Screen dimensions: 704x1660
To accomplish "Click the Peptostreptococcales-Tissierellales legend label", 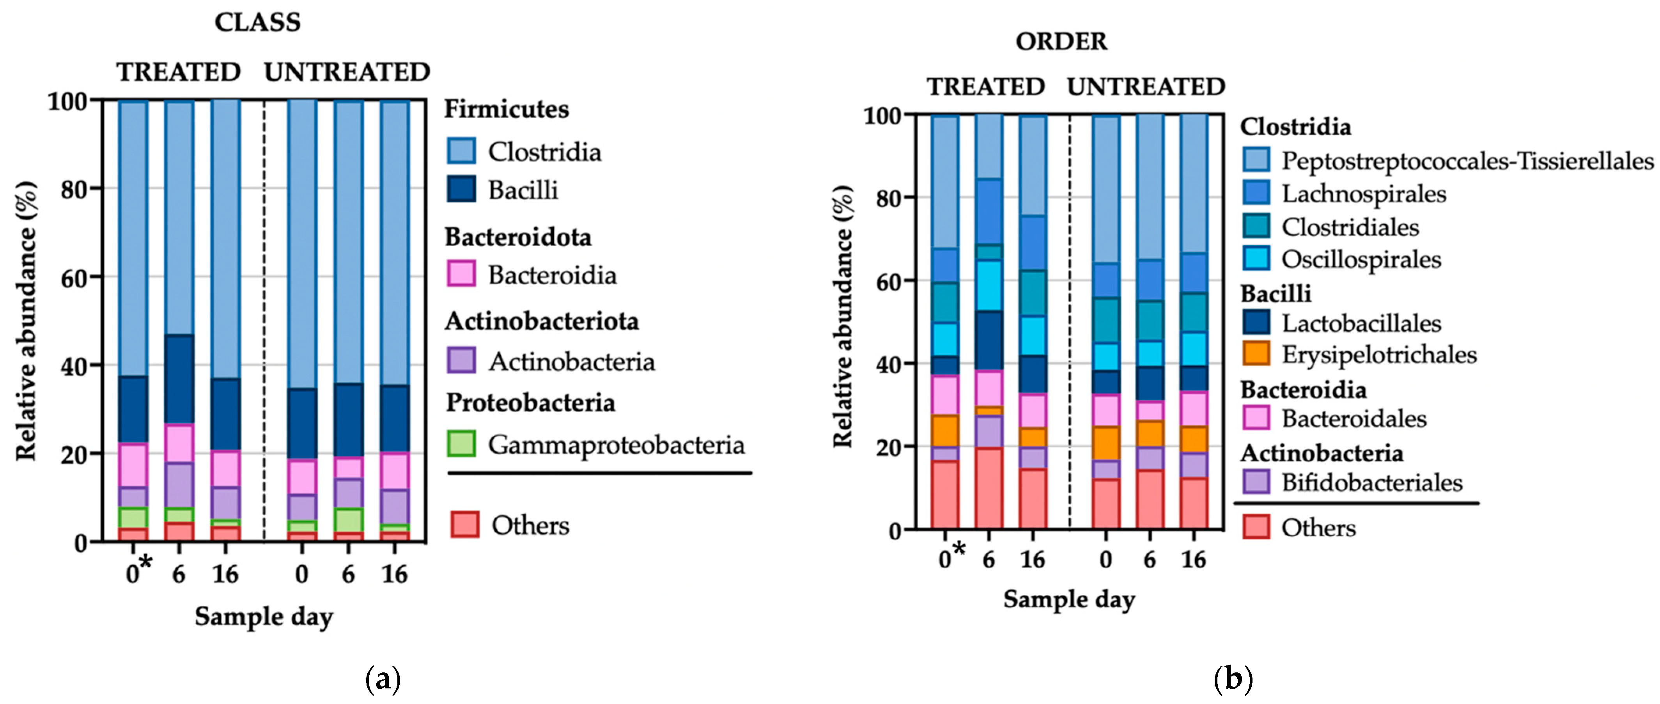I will [x=1467, y=161].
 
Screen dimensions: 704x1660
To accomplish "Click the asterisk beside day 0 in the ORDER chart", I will [x=960, y=549].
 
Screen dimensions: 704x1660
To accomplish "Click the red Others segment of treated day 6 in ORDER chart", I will [x=989, y=488].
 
